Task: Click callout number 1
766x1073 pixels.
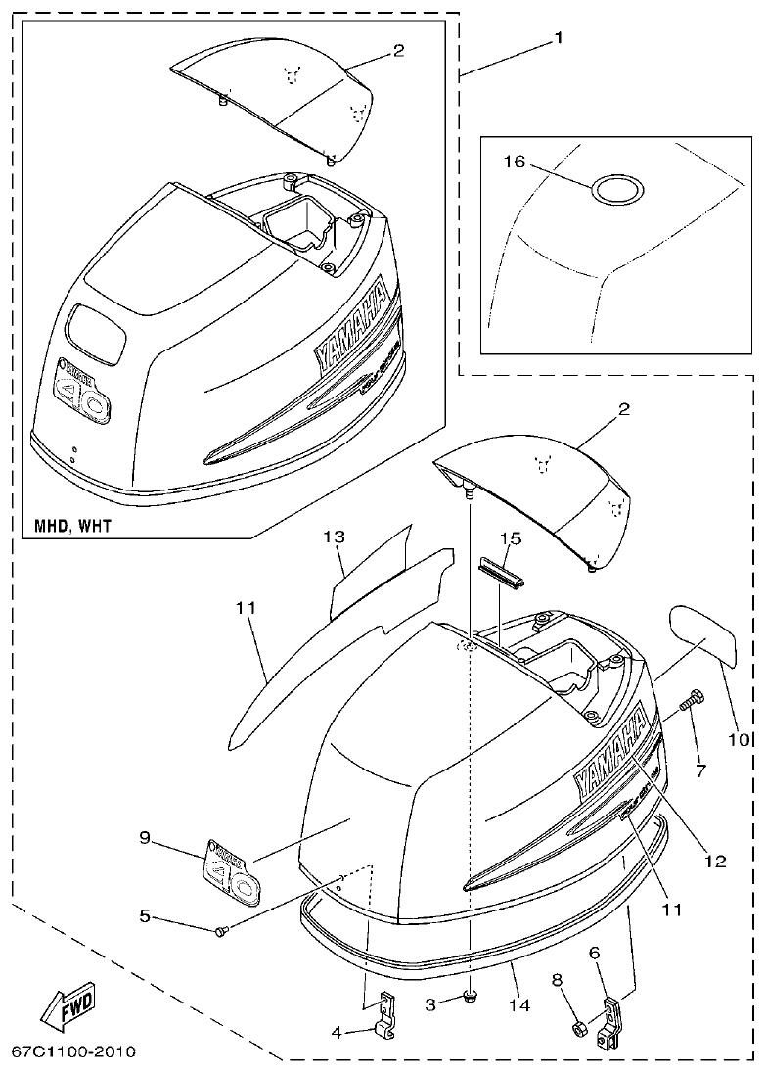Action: click(x=558, y=39)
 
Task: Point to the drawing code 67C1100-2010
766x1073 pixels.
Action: click(x=73, y=1052)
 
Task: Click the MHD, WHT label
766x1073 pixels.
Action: click(x=68, y=526)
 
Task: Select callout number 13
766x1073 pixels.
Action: click(x=334, y=537)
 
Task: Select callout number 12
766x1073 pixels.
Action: click(x=715, y=862)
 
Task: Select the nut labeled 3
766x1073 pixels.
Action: click(x=471, y=997)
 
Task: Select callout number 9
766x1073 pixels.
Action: click(x=145, y=837)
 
